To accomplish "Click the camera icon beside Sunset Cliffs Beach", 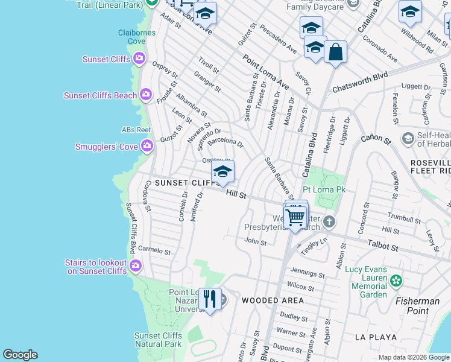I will click(145, 95).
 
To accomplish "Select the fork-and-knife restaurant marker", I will click(210, 299).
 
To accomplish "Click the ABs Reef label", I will click(136, 130).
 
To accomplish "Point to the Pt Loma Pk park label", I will click(324, 189).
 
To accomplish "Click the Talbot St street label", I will click(383, 247).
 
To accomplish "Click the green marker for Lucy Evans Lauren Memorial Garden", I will click(396, 280).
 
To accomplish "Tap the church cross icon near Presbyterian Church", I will click(329, 221).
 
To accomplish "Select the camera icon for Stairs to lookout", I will click(136, 265).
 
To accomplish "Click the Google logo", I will click(20, 355).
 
